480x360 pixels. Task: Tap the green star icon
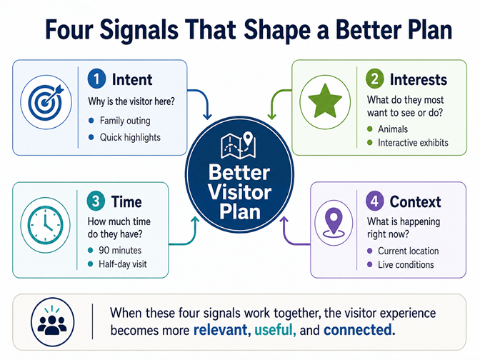tap(325, 101)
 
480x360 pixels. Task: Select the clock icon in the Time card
tap(45, 225)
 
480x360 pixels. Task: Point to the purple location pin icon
tap(334, 223)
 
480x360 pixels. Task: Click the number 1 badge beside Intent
tap(96, 79)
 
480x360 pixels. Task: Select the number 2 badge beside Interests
tap(375, 79)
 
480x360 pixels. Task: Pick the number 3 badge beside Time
tap(96, 201)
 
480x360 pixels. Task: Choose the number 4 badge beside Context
tap(375, 201)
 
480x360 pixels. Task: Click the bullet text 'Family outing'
tap(125, 121)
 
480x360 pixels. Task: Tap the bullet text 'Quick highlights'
tap(130, 137)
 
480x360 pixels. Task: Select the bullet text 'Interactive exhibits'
tap(413, 143)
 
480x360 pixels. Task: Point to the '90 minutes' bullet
tap(120, 251)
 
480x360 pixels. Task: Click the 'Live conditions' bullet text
tap(406, 264)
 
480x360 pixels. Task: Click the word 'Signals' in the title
tap(139, 31)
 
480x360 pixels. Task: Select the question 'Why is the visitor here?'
tap(131, 101)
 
